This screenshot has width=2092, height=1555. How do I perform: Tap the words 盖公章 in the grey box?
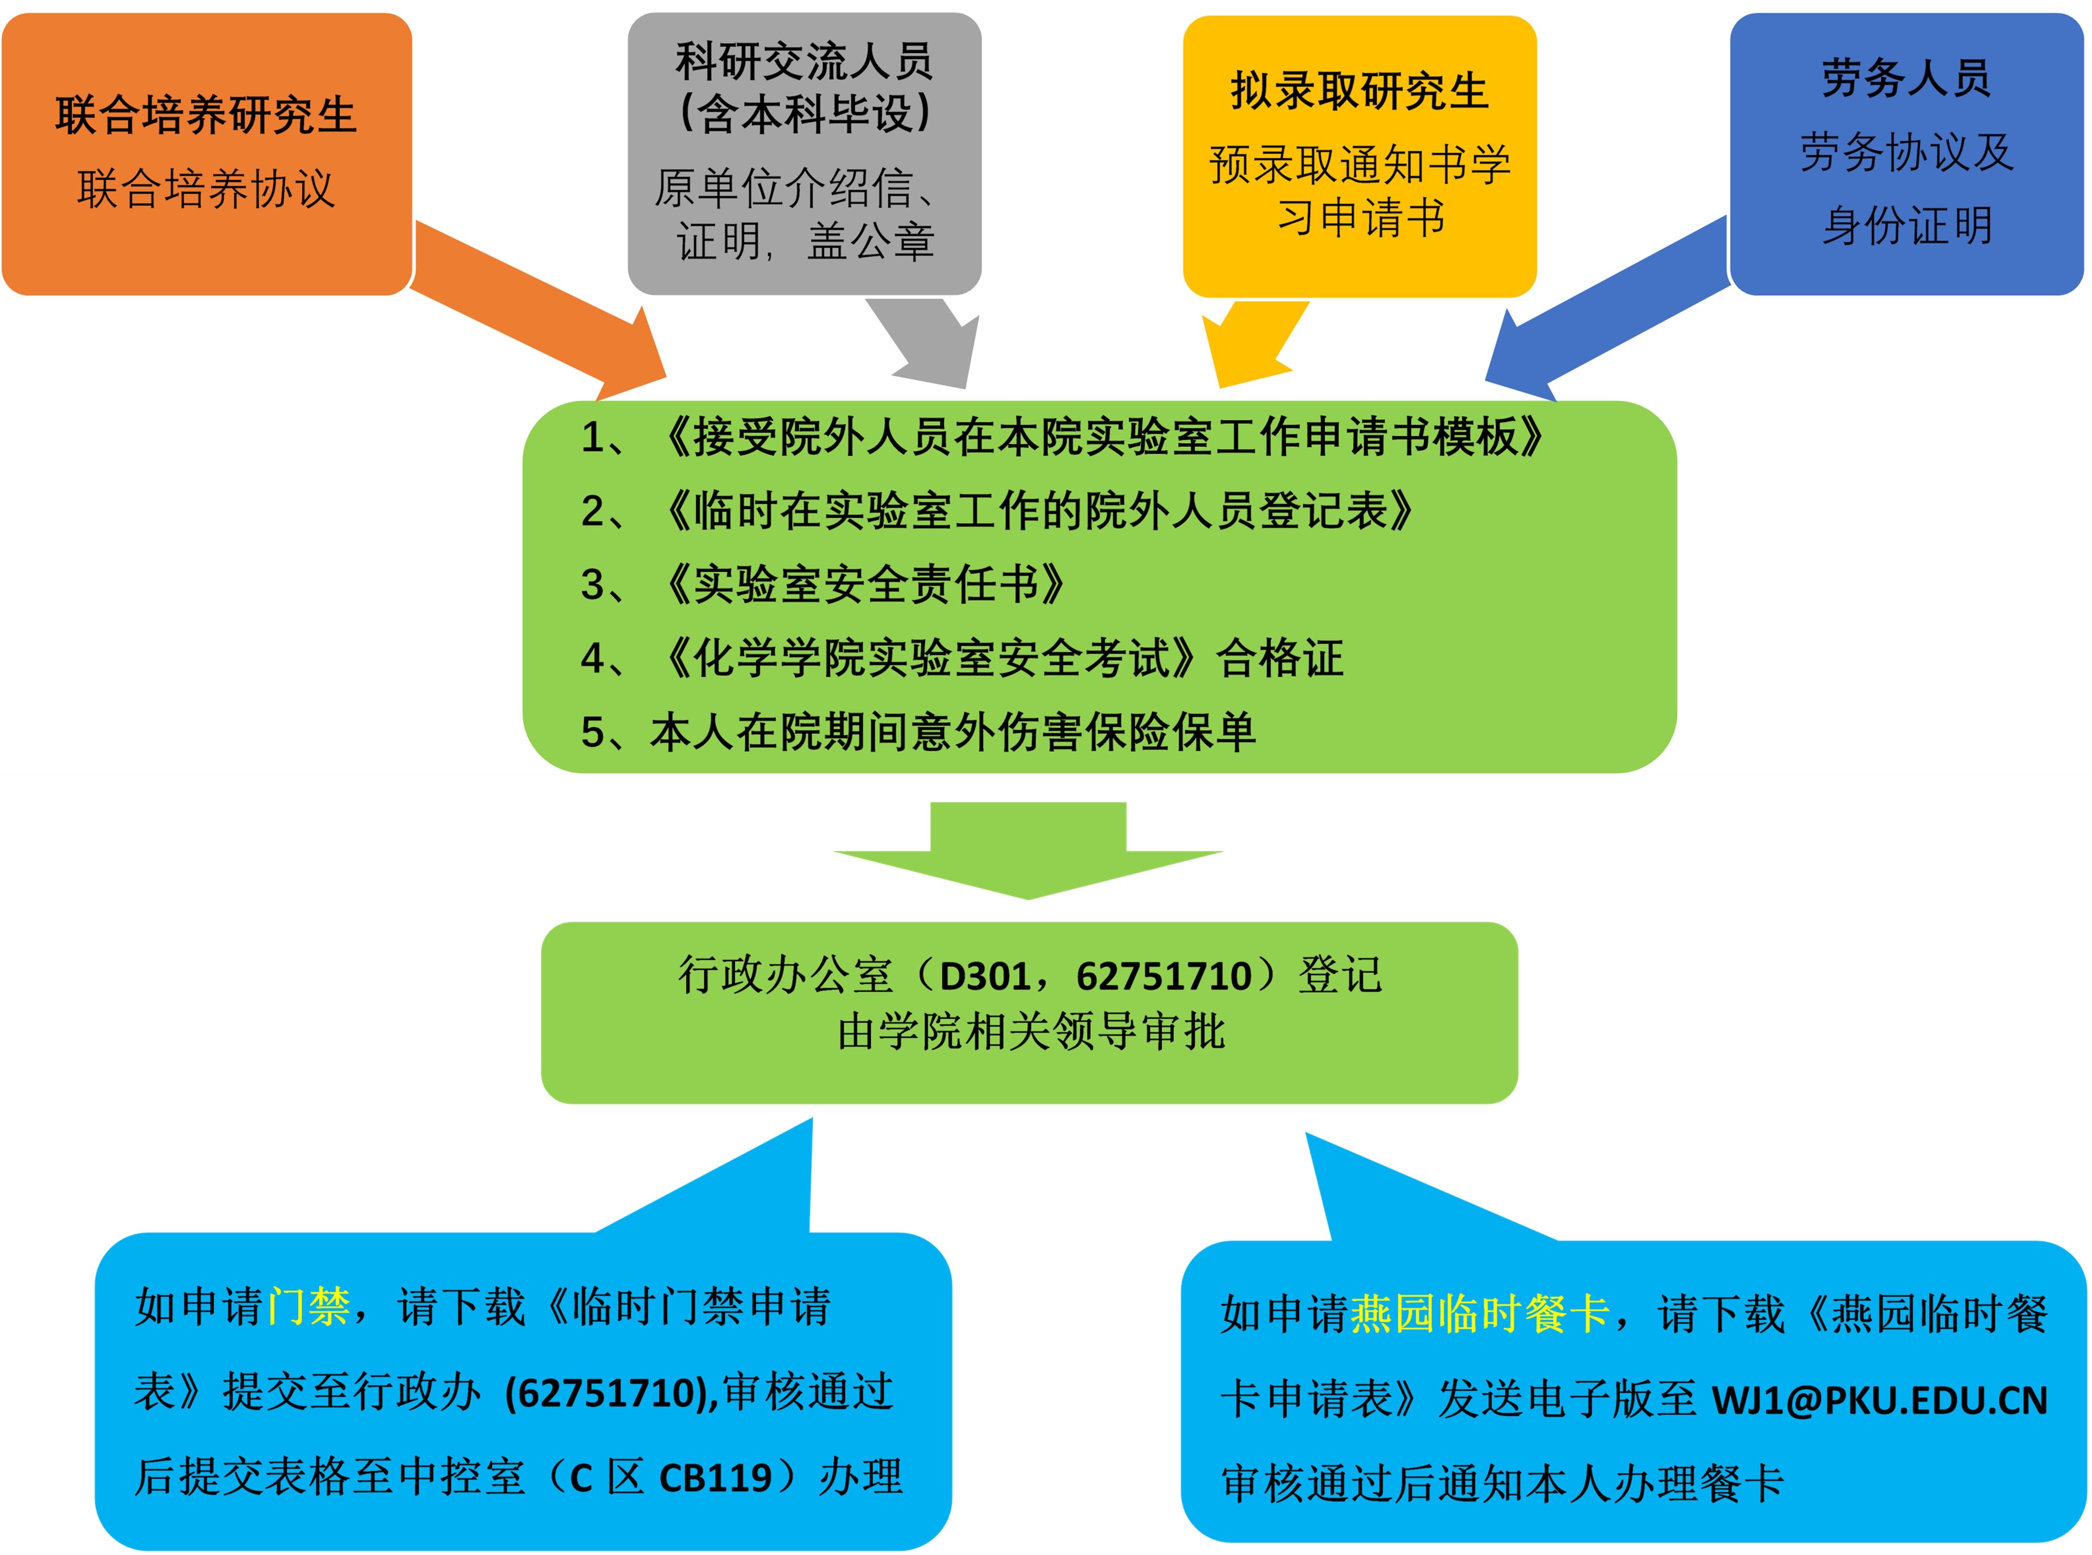point(871,241)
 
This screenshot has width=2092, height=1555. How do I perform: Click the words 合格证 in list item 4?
point(1280,658)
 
